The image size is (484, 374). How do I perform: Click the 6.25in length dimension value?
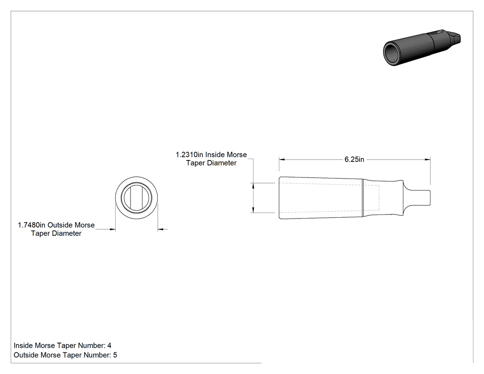tap(354, 160)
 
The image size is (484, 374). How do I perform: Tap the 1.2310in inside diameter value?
tap(189, 155)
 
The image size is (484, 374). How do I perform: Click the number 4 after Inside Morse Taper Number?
tap(109, 345)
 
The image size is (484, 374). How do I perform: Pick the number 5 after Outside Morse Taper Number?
tap(115, 355)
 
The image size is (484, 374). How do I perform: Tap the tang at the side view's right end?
tap(417, 198)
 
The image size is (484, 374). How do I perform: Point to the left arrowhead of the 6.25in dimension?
tap(282, 160)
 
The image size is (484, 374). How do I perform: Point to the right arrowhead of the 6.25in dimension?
tap(427, 160)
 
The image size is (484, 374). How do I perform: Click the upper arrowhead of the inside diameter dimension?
tap(253, 186)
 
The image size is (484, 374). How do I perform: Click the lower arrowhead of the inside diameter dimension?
tap(253, 210)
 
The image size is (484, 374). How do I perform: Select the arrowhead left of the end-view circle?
tap(112, 229)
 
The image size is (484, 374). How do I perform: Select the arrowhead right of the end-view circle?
tap(161, 229)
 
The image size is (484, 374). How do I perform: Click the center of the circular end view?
tap(136, 198)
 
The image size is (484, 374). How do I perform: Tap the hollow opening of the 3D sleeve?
tap(392, 53)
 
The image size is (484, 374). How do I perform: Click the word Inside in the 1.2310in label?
tap(215, 155)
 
